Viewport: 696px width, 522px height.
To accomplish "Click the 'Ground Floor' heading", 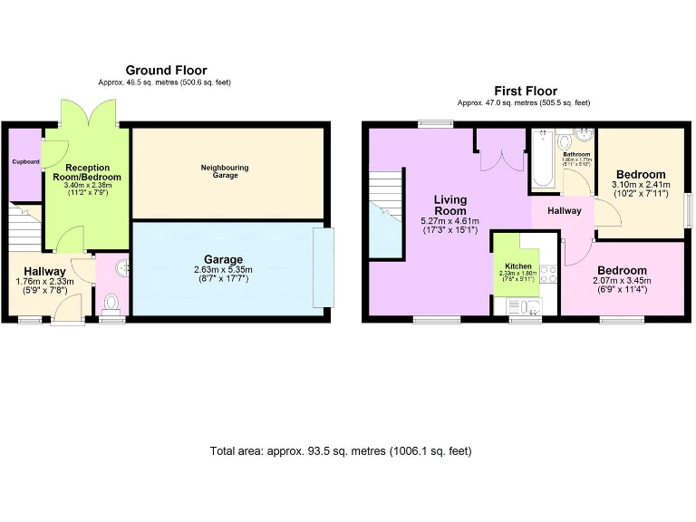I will pos(166,70).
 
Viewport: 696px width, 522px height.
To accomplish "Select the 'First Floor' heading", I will pos(525,91).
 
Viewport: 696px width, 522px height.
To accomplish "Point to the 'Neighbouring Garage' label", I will pos(226,170).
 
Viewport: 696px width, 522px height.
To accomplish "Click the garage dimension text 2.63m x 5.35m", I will pos(224,270).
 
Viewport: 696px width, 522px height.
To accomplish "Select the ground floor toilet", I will pos(112,303).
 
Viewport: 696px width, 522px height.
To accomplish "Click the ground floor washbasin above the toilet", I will pos(122,267).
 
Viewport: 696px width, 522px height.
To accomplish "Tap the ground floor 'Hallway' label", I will pos(44,271).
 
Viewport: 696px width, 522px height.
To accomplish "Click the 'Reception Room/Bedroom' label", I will pos(88,172).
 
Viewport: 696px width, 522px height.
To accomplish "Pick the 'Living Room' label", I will pos(449,205).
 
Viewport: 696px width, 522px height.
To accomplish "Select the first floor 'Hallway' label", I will pos(562,210).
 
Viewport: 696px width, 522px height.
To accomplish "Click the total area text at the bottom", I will pos(341,450).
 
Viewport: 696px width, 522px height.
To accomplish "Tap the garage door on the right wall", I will pos(324,267).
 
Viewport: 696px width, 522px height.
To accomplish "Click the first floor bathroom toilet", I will pos(565,143).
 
